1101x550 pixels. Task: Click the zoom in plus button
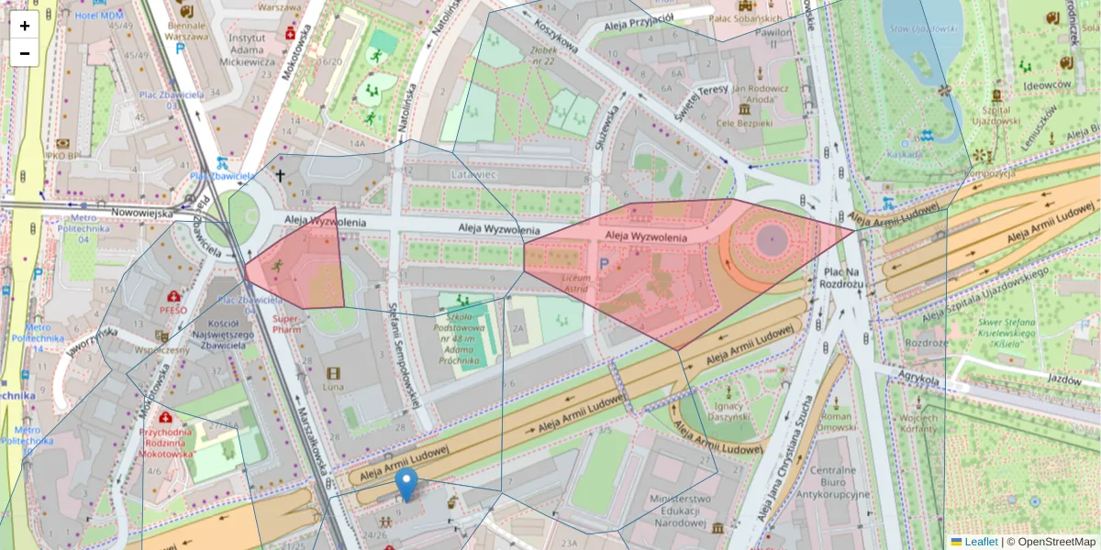(25, 26)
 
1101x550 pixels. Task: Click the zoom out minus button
(25, 53)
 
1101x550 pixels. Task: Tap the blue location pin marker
(406, 484)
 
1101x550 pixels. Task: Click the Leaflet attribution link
(980, 542)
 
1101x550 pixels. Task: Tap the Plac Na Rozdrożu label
(845, 278)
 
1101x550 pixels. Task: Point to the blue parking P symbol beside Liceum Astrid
(603, 263)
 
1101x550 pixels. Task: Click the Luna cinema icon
(332, 373)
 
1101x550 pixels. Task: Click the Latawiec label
(473, 173)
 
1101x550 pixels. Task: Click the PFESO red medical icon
(172, 297)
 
